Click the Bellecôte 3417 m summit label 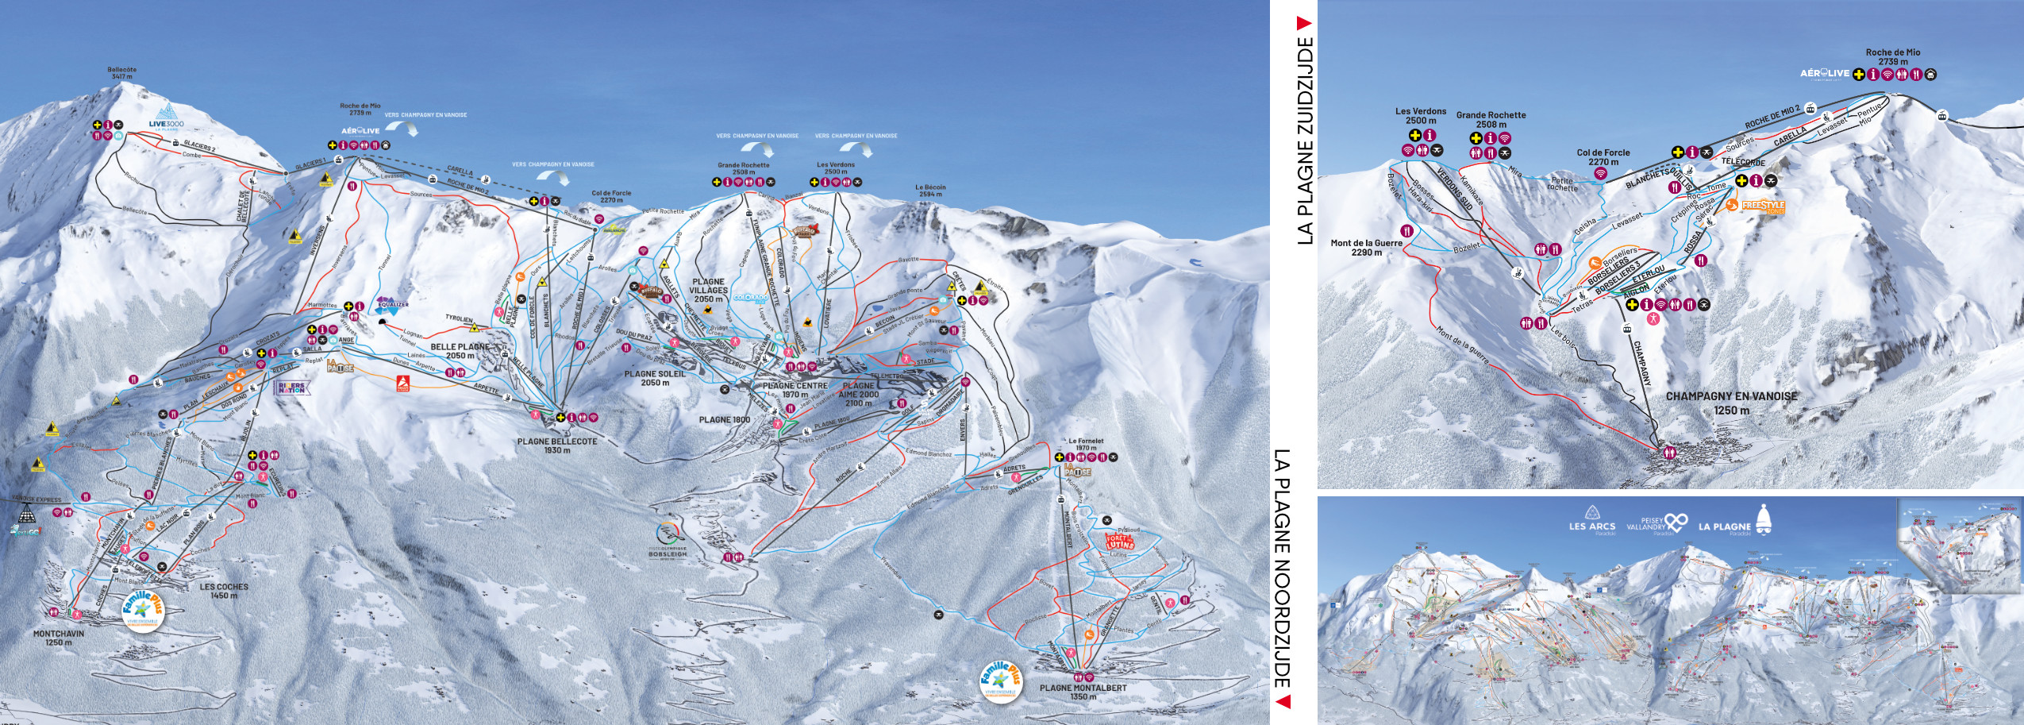121,73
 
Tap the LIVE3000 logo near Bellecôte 166,117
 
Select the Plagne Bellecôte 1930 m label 557,445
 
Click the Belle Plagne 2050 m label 460,351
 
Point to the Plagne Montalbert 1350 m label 1083,692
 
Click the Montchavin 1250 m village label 58,638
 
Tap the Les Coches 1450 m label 224,591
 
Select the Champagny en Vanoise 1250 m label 1731,403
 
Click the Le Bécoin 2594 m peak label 930,191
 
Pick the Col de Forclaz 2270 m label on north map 611,196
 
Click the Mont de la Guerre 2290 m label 1366,247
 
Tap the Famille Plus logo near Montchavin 142,611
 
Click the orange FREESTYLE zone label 1763,206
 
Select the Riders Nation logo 291,388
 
